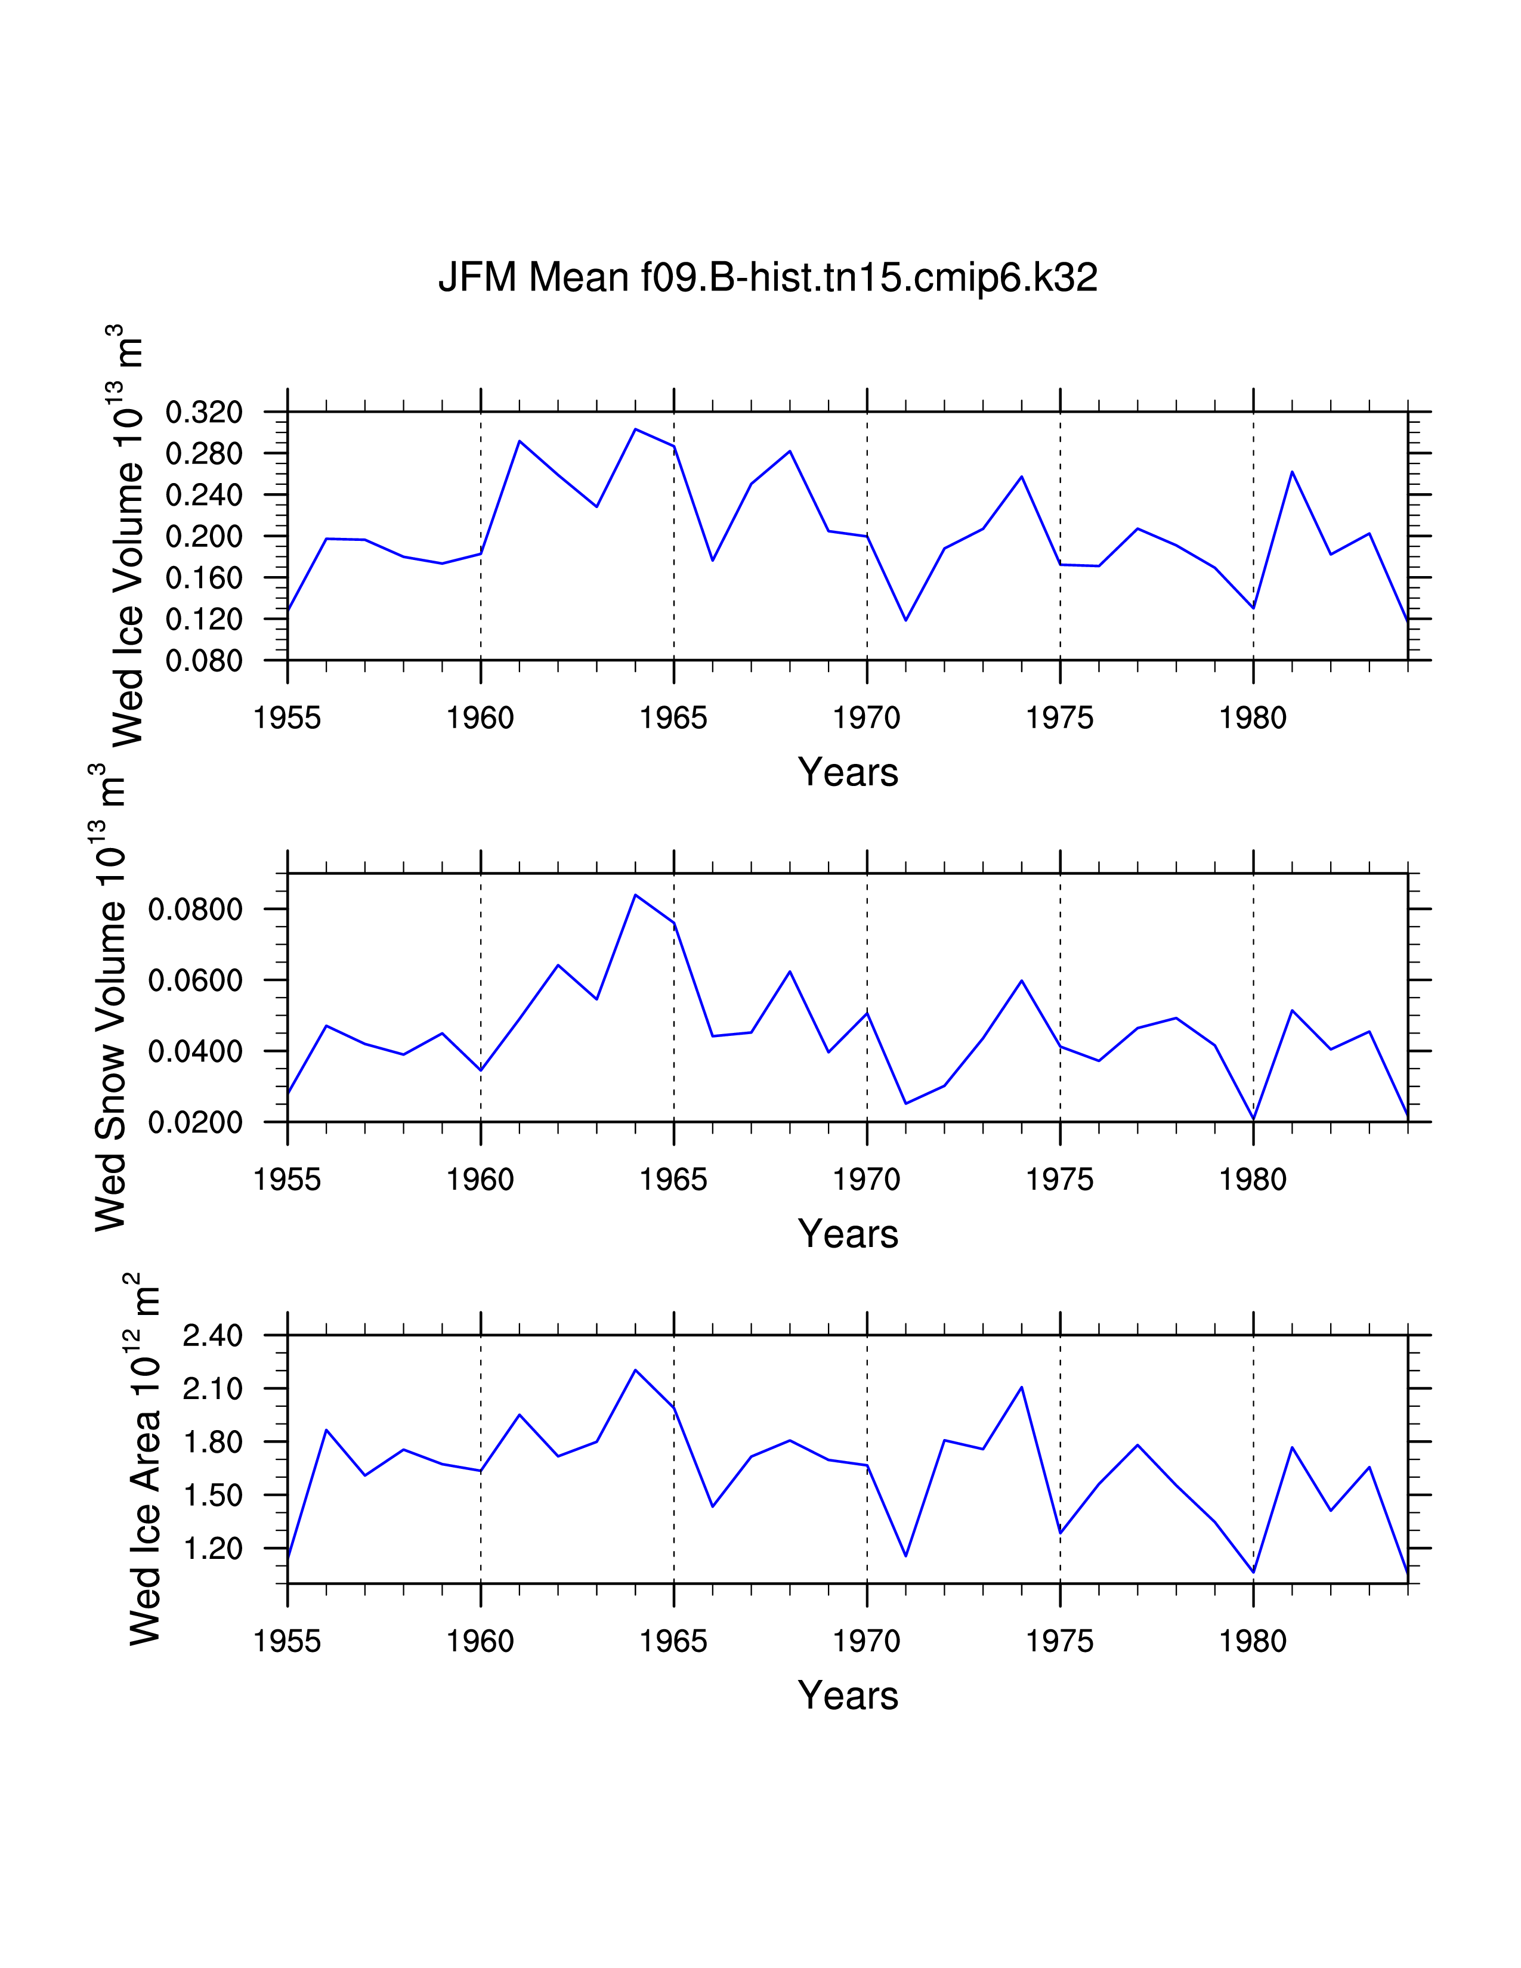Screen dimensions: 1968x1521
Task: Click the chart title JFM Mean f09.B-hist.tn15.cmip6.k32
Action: coord(768,277)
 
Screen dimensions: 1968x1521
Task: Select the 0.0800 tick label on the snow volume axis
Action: coord(196,909)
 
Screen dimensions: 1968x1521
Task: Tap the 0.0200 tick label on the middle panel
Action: coord(196,1123)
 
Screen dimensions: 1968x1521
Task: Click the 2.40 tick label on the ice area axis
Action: coord(213,1335)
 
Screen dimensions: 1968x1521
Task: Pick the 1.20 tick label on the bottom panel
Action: coord(213,1549)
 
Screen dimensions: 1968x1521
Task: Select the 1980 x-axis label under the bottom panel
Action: coord(1253,1642)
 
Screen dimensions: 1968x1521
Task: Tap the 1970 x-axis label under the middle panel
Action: coord(866,1180)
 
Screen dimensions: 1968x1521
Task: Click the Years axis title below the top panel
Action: coord(848,772)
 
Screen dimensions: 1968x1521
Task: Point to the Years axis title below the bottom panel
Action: coord(848,1696)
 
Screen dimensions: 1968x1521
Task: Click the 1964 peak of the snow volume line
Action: coord(635,895)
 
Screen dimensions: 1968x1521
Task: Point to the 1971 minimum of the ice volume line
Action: coord(905,620)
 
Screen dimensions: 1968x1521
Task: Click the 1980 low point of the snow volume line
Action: coord(1253,1119)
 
